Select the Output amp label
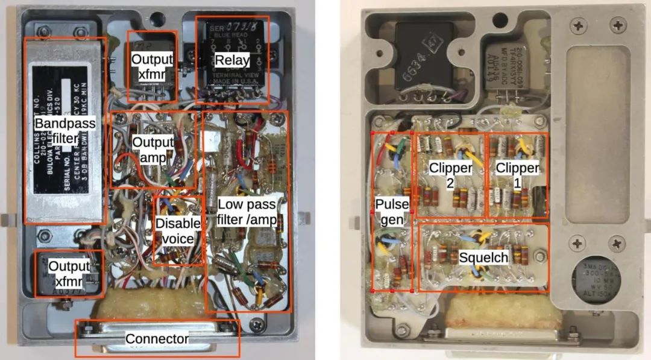(153, 150)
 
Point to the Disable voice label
(178, 231)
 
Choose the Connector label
(157, 339)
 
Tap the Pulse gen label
(392, 212)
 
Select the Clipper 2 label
(450, 175)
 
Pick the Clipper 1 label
(517, 175)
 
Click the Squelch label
(483, 258)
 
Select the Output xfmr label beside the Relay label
(152, 66)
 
